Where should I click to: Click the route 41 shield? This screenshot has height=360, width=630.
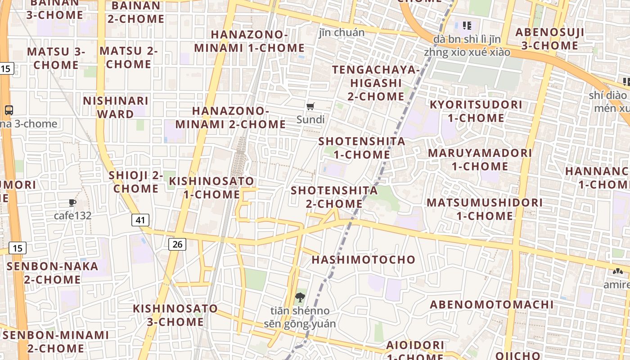[x=141, y=220]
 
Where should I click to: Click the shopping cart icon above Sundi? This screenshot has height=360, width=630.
[x=310, y=107]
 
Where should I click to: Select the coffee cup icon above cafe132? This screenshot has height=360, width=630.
[x=72, y=203]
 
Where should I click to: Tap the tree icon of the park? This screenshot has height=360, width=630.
[x=300, y=297]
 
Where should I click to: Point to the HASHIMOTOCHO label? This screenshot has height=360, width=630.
[x=363, y=260]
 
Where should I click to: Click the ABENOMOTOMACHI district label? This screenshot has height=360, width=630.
[x=491, y=305]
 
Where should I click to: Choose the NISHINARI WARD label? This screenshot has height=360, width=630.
[x=115, y=107]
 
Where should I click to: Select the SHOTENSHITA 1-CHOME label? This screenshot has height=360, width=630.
[x=362, y=148]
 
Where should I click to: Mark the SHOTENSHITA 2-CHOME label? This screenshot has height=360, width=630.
[x=334, y=197]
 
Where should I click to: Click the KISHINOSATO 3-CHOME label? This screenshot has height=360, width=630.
[x=175, y=315]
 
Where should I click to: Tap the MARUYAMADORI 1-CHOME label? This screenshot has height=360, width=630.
[x=480, y=159]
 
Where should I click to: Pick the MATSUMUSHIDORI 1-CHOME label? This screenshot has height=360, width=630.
[x=485, y=209]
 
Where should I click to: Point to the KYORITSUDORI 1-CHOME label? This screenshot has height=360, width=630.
[x=476, y=111]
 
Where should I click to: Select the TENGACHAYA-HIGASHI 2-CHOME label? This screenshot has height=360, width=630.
[x=376, y=83]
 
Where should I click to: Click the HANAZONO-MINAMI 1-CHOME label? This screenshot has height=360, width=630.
[x=249, y=41]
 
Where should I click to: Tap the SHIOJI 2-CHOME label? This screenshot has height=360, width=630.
[x=136, y=182]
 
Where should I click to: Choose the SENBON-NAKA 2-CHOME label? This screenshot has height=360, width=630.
[x=46, y=273]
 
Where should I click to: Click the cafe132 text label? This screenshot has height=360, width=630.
[x=72, y=216]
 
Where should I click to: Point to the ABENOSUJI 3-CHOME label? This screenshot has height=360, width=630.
[x=549, y=39]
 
